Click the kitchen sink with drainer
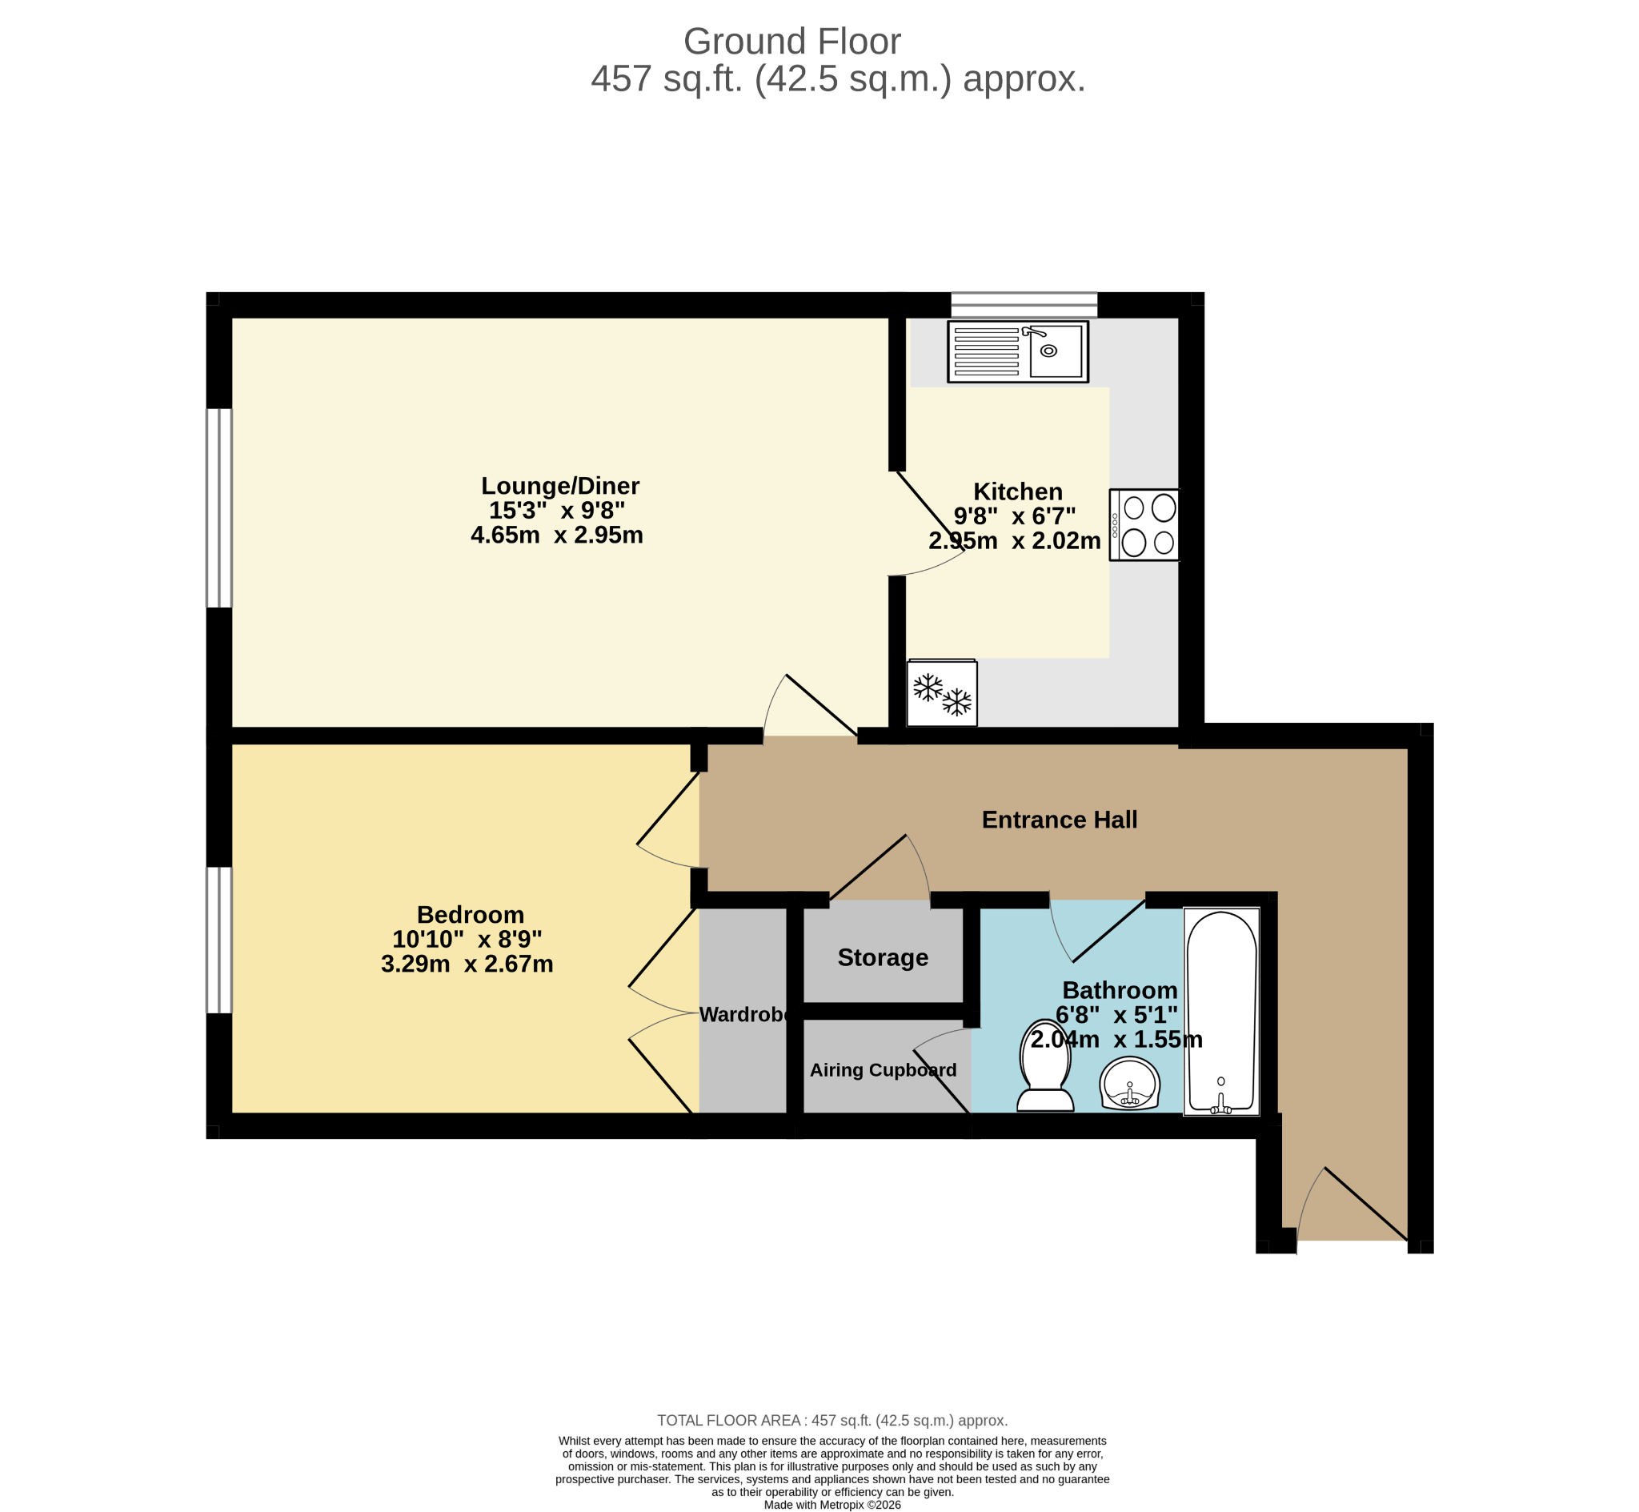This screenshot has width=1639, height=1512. click(1017, 352)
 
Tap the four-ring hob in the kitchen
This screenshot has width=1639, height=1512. click(1144, 524)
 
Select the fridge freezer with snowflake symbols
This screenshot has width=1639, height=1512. click(942, 692)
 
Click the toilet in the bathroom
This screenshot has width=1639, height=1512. click(1045, 1065)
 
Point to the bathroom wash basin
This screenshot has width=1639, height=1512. click(1129, 1083)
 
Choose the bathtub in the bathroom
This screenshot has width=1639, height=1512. click(1221, 1011)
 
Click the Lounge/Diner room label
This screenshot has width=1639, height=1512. click(560, 486)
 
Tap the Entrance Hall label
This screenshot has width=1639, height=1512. click(1059, 820)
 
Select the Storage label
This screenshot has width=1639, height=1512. click(883, 957)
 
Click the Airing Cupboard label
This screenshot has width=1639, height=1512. click(883, 1070)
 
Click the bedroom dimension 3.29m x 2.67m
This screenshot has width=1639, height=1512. click(467, 964)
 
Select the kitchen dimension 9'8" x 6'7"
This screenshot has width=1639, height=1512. click(1014, 516)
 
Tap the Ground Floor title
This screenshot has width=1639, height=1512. click(791, 42)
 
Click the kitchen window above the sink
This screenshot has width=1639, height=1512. click(1024, 304)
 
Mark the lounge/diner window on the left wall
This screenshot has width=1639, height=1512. click(219, 508)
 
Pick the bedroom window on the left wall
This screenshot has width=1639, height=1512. click(219, 940)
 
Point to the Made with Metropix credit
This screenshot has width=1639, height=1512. click(832, 1505)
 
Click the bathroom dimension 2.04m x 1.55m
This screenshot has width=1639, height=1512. click(1116, 1039)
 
